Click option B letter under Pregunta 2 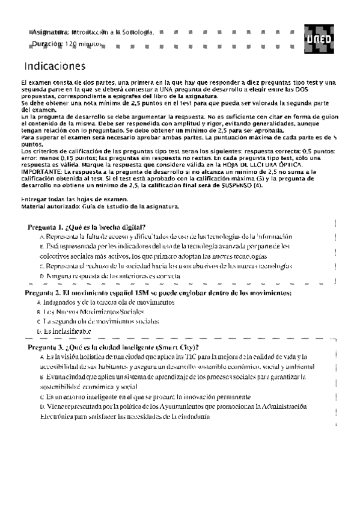coord(38,313)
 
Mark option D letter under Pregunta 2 coord(38,331)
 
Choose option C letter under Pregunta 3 coord(41,398)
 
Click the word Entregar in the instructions coord(34,198)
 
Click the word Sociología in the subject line coord(139,31)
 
